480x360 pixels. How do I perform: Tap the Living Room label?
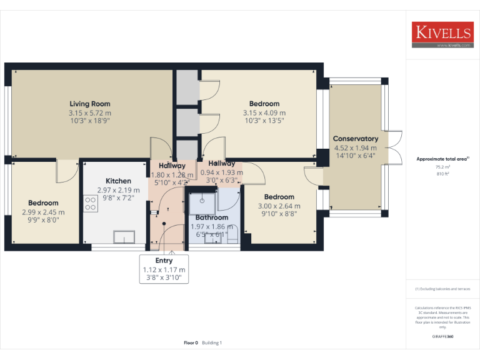[x=90, y=104]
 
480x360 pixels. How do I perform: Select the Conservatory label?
[x=356, y=139]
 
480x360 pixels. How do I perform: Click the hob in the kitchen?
[x=90, y=203]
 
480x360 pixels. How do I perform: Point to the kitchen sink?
[x=124, y=236]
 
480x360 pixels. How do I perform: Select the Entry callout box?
[x=164, y=269]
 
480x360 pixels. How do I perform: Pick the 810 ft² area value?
[x=442, y=174]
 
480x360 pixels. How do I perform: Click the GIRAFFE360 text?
[x=442, y=336]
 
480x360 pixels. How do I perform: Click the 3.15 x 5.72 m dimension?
[x=90, y=113]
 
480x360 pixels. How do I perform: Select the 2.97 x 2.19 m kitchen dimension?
[x=118, y=189]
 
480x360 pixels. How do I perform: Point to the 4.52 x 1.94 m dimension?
[x=356, y=148]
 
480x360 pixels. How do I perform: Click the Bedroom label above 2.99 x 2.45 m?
[x=43, y=203]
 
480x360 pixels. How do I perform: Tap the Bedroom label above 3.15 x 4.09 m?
[x=264, y=104]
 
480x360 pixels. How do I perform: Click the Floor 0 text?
[x=191, y=342]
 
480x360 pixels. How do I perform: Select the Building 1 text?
[x=212, y=342]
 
